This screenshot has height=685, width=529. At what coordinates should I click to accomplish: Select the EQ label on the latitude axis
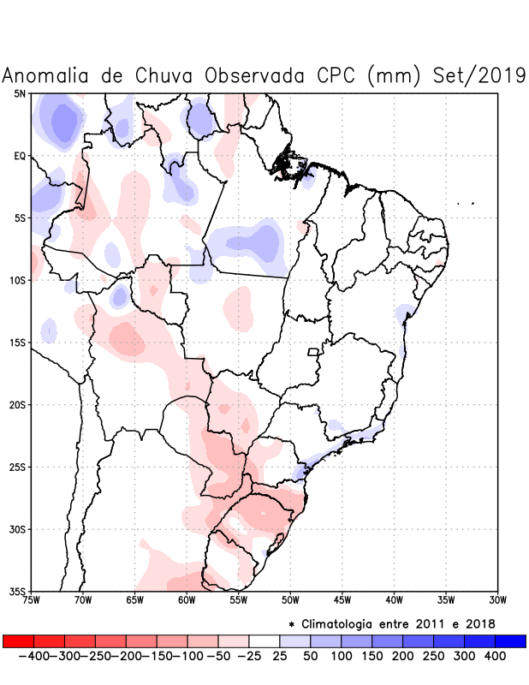click(x=20, y=156)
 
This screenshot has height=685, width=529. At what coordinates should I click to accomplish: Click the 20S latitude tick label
click(x=18, y=404)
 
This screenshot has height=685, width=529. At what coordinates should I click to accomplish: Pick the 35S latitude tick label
click(x=18, y=591)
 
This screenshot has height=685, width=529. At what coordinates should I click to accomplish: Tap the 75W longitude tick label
click(x=32, y=599)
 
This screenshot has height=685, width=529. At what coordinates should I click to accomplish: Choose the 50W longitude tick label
click(x=290, y=599)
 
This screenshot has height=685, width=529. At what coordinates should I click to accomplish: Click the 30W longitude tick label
click(x=497, y=599)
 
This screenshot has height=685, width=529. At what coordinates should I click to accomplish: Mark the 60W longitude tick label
click(x=187, y=599)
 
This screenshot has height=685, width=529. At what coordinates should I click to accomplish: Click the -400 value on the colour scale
click(x=33, y=656)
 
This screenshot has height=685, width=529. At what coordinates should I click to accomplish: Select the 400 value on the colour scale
click(x=495, y=656)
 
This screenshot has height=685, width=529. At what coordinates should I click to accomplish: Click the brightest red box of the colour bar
click(x=18, y=640)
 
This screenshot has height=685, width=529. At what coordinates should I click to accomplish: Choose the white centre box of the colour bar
click(x=264, y=640)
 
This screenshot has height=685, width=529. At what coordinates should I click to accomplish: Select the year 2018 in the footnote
click(x=479, y=622)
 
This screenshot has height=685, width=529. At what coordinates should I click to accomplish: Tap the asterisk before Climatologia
click(x=291, y=623)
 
